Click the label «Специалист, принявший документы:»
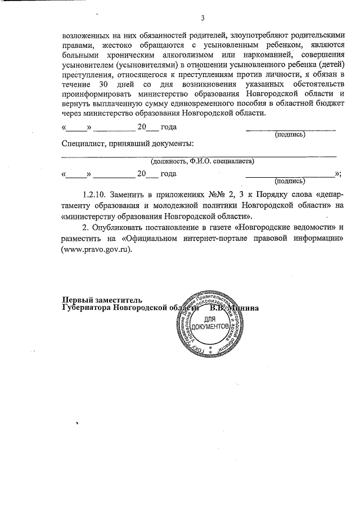[128, 144]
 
